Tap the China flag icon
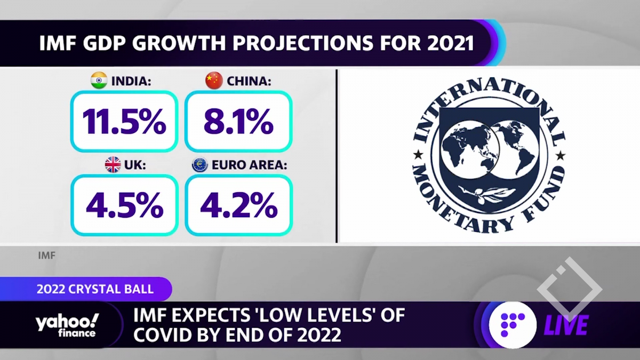click(214, 81)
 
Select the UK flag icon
click(113, 165)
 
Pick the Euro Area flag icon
click(200, 165)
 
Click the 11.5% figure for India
click(124, 122)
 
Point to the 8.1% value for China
click(238, 122)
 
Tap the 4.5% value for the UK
click(124, 205)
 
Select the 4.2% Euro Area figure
click(238, 205)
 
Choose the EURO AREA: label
click(249, 165)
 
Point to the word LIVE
click(566, 325)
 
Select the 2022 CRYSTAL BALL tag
click(95, 289)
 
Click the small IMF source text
click(47, 255)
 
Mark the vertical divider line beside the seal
click(337, 156)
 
